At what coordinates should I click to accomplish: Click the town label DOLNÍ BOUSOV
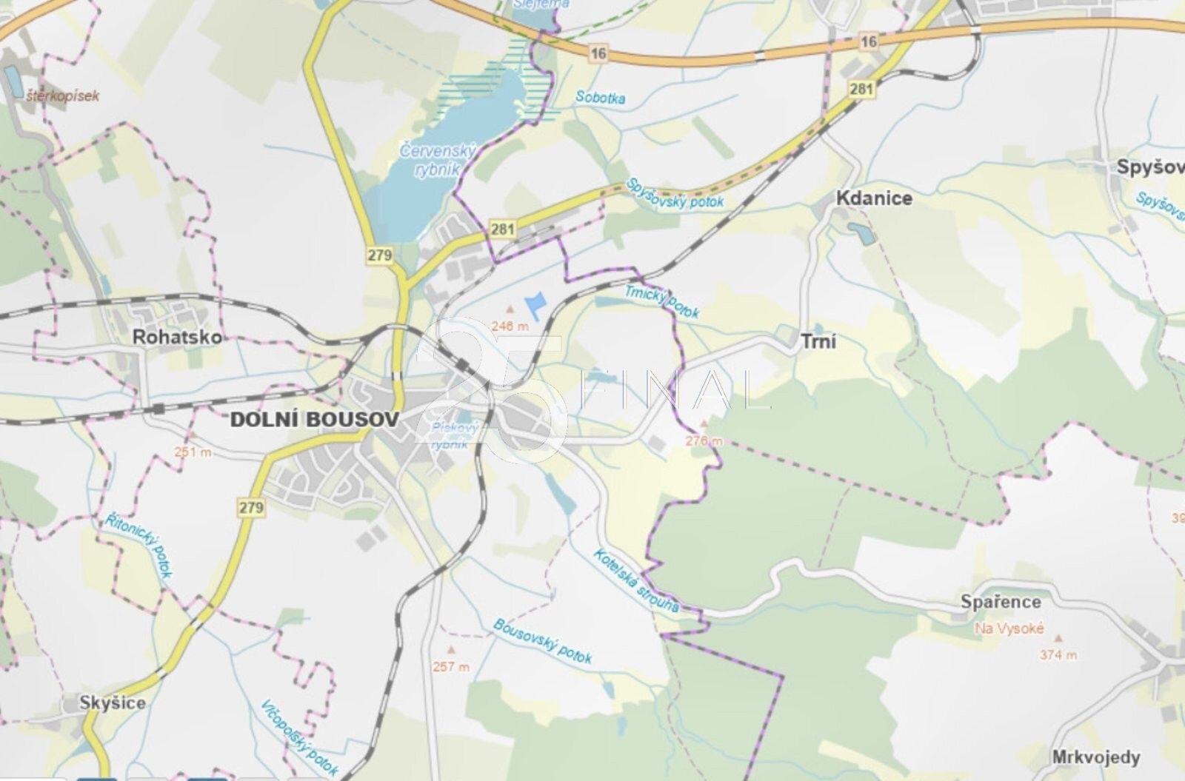coord(315,419)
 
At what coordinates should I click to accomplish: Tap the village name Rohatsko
coord(177,337)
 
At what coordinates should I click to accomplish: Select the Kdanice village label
coord(874,198)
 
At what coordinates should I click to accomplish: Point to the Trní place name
coord(818,341)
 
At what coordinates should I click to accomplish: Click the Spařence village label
coord(1001,602)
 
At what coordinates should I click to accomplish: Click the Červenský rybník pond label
coord(437,159)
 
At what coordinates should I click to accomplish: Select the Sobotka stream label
coord(600,97)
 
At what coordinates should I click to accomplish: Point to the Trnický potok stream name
coord(661,302)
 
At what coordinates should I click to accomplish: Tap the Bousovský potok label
coord(543,641)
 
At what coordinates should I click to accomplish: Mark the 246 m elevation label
coord(510,326)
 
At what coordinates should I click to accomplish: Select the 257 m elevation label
coord(451,666)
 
